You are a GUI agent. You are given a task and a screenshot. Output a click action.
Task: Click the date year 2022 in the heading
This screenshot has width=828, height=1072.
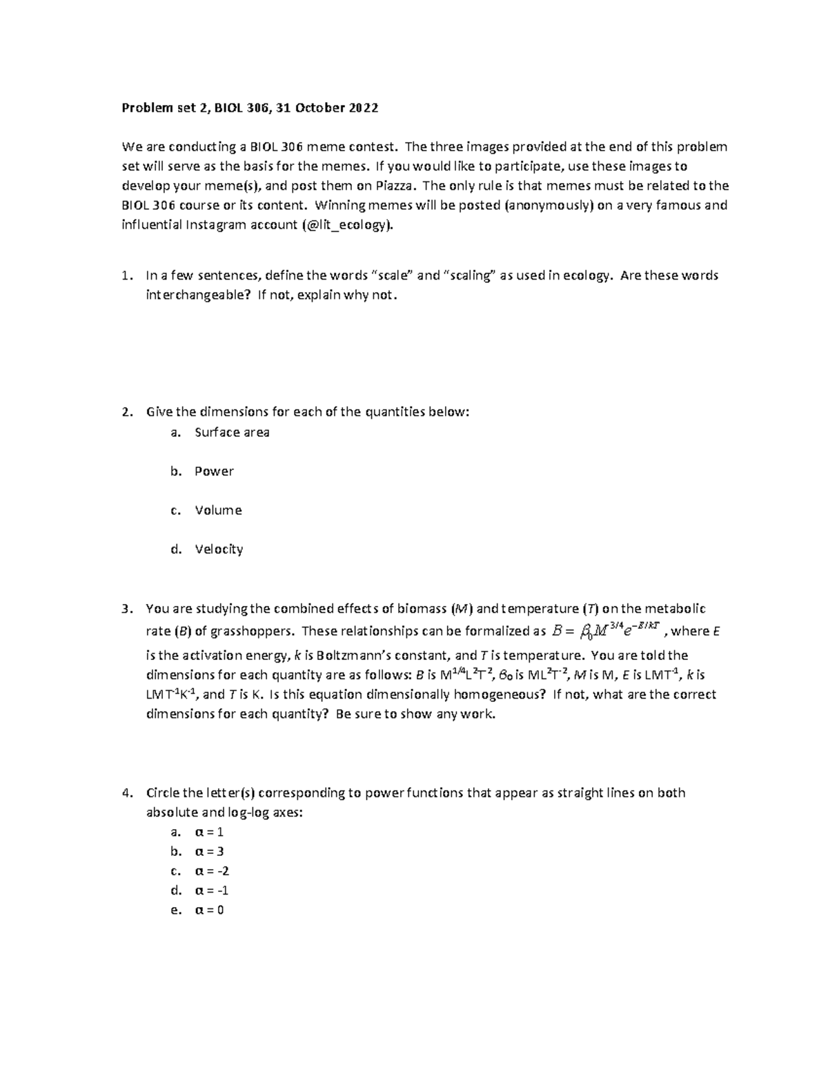pos(363,108)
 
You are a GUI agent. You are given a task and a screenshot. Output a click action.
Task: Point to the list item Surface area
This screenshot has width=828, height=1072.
pos(232,433)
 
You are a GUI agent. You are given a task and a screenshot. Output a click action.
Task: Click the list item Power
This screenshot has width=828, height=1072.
pos(214,471)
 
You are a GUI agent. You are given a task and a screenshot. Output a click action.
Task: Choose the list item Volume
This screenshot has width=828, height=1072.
pos(218,510)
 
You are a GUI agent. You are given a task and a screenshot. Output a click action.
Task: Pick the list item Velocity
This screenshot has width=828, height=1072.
pos(219,549)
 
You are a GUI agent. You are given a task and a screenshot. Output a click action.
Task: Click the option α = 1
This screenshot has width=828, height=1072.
pos(210,832)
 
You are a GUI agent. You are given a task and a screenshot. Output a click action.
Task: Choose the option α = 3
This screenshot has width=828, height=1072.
pos(210,852)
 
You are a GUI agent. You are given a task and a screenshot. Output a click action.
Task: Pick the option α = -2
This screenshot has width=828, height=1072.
pos(212,871)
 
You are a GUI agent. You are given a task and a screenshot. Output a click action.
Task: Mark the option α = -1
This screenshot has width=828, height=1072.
pos(212,890)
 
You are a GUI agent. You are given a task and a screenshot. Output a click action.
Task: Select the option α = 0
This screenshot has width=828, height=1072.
pos(210,910)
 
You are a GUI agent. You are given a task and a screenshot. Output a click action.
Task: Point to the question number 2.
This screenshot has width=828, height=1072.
pos(126,412)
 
